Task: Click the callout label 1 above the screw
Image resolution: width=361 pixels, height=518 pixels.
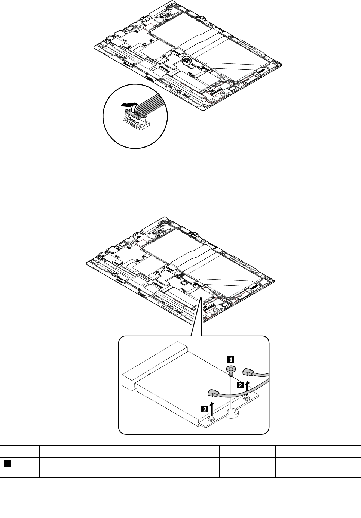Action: click(x=231, y=359)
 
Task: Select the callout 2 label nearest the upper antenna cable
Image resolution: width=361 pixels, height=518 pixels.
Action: click(x=242, y=384)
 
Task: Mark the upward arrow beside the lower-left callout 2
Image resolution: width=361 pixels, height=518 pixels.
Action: click(x=212, y=407)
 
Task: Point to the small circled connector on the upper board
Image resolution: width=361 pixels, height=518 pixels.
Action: click(x=186, y=61)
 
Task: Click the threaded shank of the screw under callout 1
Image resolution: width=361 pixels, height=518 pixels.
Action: click(x=232, y=374)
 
